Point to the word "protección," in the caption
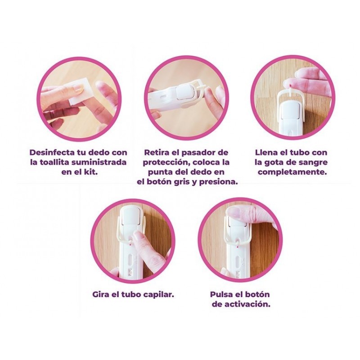click(x=166, y=162)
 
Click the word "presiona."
click(x=218, y=182)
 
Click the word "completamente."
click(x=292, y=172)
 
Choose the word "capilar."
click(x=158, y=295)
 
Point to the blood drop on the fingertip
click(x=290, y=86)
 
